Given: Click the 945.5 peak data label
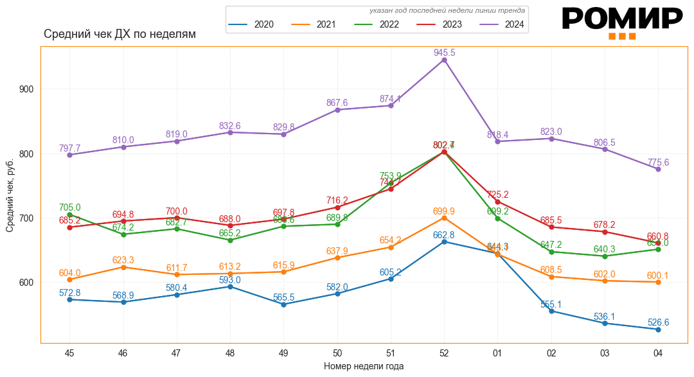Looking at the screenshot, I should [444, 53].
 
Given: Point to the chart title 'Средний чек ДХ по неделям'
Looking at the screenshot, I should [120, 34].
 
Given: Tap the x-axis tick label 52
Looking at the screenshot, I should [444, 353].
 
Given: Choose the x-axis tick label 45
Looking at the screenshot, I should [69, 353].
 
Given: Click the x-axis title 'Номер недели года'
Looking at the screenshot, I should [364, 366].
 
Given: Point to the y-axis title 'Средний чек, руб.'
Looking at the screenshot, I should [10, 195].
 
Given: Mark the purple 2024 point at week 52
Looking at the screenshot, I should [444, 60].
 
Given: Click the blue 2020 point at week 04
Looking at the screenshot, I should [658, 329].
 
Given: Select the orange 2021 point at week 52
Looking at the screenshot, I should [444, 218].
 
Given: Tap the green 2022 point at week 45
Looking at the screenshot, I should [69, 215].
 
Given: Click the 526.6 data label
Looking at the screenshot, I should [658, 322].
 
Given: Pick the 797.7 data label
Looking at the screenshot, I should [69, 148].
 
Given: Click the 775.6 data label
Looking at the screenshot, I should [658, 162].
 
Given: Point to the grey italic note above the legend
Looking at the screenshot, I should [447, 11].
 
